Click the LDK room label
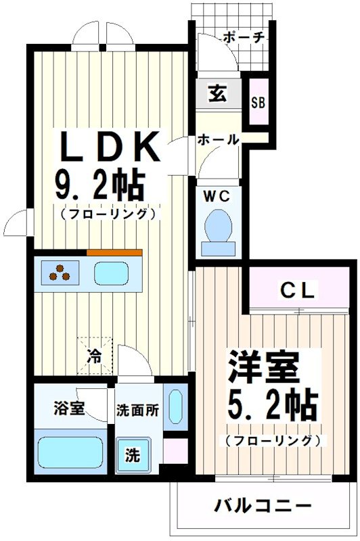[x=112, y=147]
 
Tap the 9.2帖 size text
[x=102, y=183]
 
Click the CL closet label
[x=298, y=291]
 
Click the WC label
[x=217, y=196]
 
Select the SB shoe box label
[x=258, y=103]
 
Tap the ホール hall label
[x=218, y=140]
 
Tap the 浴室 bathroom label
[x=69, y=408]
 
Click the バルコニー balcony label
[x=263, y=505]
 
